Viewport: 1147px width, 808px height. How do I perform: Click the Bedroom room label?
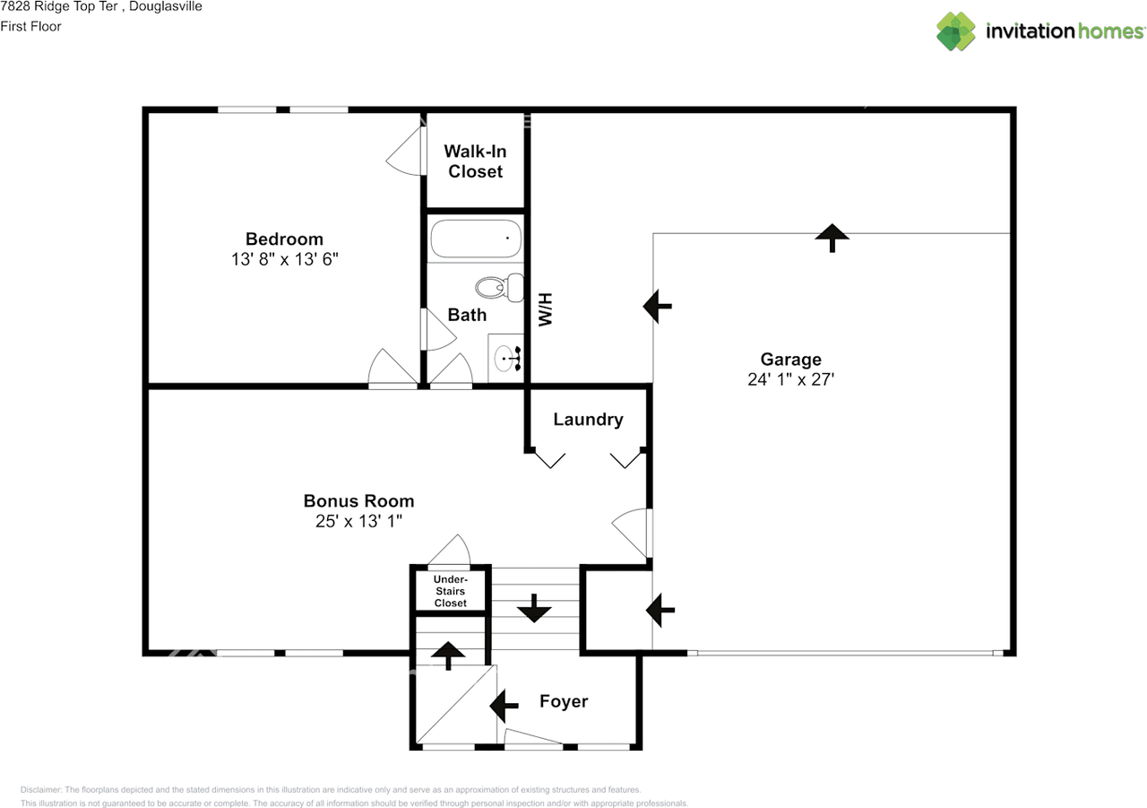[x=284, y=239]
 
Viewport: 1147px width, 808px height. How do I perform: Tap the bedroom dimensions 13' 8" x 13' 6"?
[x=285, y=259]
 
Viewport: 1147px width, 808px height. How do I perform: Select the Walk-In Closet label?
[x=475, y=161]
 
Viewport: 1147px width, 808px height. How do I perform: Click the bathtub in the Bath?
[x=476, y=239]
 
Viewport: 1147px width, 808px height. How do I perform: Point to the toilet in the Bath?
[x=499, y=288]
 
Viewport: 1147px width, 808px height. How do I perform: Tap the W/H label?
[x=546, y=309]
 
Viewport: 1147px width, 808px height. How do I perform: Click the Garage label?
[x=790, y=360]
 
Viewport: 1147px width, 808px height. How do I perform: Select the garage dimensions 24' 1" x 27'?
[x=790, y=379]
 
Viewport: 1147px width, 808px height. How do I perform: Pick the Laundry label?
[x=589, y=420]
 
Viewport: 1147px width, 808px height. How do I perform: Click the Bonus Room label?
[x=359, y=501]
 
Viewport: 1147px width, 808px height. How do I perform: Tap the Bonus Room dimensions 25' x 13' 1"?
[x=359, y=521]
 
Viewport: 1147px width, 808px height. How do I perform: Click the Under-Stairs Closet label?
[x=450, y=591]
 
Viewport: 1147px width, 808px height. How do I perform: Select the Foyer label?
[x=564, y=701]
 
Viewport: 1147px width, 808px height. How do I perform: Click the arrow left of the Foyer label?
[x=504, y=706]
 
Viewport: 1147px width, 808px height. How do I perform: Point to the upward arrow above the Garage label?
[x=832, y=238]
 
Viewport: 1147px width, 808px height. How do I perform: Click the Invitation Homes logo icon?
[x=956, y=31]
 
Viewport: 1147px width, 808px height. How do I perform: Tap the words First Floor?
[x=30, y=27]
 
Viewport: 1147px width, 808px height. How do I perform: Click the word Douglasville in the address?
[x=166, y=6]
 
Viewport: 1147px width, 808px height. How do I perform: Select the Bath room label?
[x=467, y=315]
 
